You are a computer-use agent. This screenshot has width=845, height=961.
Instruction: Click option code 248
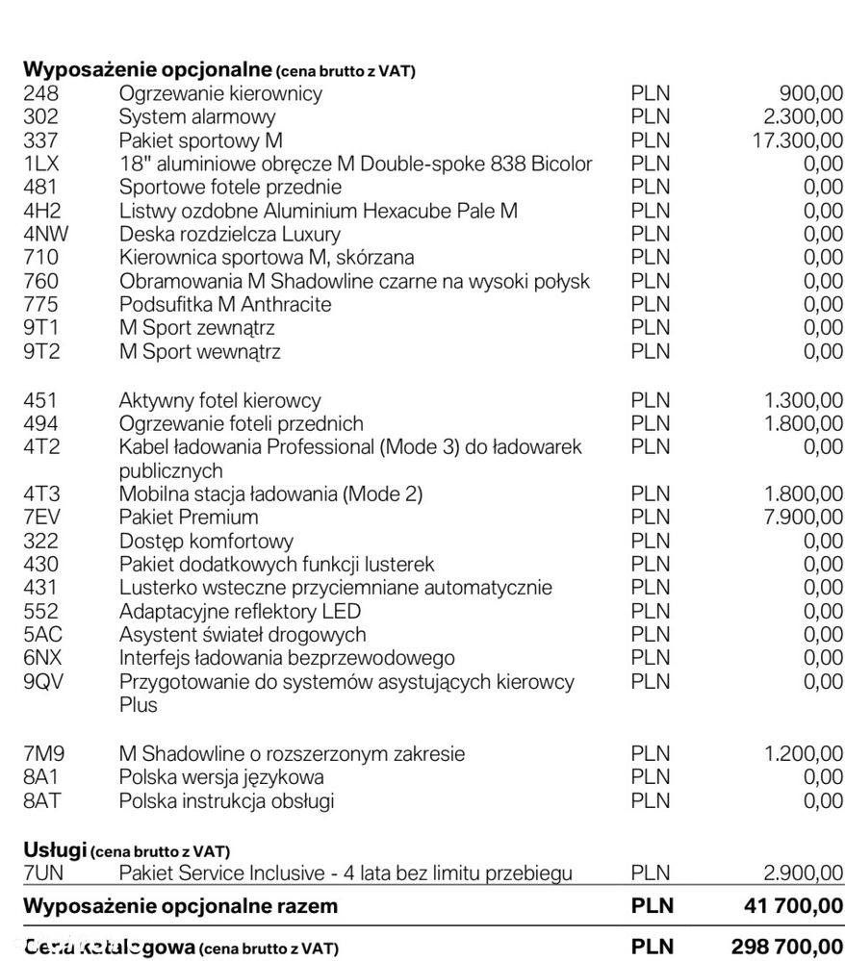40,94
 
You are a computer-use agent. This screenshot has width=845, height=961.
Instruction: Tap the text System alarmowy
197,117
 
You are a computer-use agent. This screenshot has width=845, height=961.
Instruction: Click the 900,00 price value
811,94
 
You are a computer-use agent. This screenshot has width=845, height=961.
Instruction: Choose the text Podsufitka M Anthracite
225,305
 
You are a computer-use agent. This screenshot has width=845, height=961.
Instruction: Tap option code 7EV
41,518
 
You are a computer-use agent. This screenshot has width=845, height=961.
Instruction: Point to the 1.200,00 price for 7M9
804,753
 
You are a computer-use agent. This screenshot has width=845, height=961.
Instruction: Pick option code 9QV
43,682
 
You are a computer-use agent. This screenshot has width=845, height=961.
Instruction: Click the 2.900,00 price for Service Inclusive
804,873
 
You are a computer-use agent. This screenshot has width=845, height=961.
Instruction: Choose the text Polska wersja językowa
221,776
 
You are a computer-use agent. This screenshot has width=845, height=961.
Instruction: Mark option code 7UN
43,873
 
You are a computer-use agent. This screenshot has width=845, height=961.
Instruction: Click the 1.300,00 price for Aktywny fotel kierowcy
804,400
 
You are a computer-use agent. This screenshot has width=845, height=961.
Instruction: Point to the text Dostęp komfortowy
207,542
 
